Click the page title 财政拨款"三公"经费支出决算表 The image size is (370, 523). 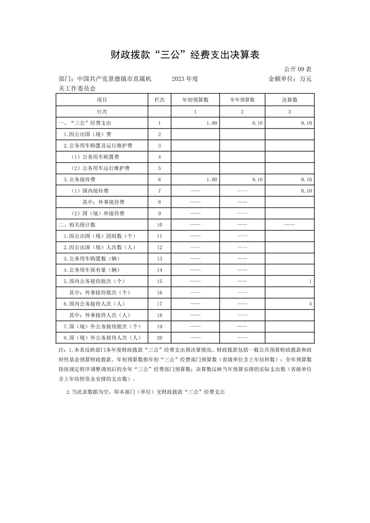185,55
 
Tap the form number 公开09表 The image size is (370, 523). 298,69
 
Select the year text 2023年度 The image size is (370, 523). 185,79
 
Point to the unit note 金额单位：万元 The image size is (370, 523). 290,79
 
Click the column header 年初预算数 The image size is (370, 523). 195,100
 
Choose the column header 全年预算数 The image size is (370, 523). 242,100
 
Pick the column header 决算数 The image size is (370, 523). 289,100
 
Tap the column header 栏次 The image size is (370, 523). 160,100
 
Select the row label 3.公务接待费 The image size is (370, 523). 79,180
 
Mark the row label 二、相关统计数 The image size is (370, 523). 77,225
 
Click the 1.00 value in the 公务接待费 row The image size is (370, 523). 212,180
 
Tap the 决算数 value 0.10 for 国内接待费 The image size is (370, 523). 306,191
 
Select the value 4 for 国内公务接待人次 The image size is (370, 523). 310,304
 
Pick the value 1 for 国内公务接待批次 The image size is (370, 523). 310,281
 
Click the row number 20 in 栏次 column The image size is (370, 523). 160,338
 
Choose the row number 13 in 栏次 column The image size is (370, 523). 160,259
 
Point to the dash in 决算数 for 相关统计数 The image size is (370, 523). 289,225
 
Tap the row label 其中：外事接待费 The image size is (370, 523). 103,202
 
